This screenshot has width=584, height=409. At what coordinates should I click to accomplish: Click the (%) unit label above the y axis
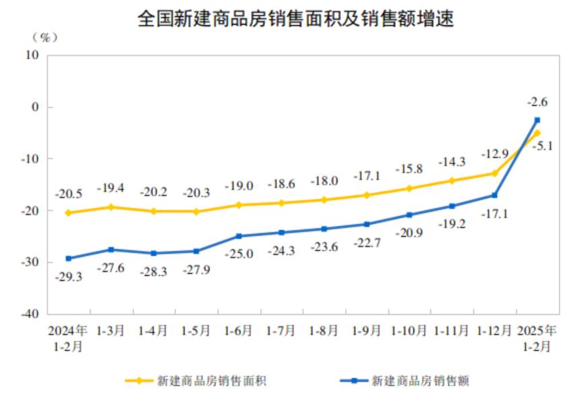click(45, 38)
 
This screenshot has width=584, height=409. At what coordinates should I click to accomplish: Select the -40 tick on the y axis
click(32, 314)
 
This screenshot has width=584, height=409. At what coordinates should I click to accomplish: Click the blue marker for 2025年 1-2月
click(537, 120)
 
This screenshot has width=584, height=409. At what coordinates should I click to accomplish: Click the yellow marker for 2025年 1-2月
click(537, 133)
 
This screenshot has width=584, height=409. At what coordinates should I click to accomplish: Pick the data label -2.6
click(537, 103)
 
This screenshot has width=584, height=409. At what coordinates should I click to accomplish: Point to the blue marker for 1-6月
click(239, 236)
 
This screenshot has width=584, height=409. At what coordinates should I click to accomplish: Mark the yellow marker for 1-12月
click(494, 173)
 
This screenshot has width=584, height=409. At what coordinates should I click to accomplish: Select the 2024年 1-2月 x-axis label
click(67, 338)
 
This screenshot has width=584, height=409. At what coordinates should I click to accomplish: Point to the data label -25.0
click(239, 254)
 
